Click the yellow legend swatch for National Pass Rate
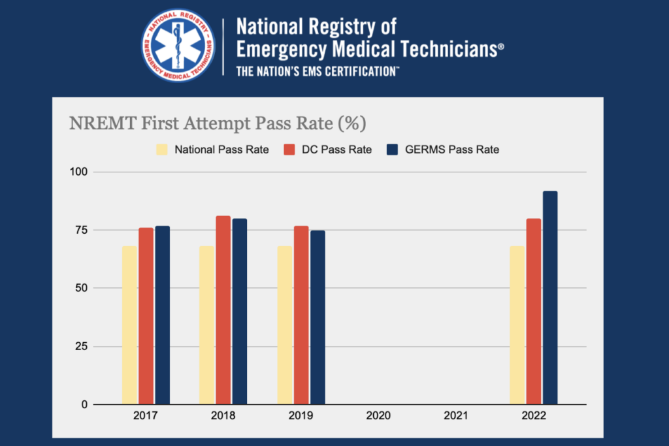162,150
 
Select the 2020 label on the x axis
378,415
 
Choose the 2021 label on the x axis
456,415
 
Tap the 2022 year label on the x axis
534,415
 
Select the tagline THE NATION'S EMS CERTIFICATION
318,71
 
